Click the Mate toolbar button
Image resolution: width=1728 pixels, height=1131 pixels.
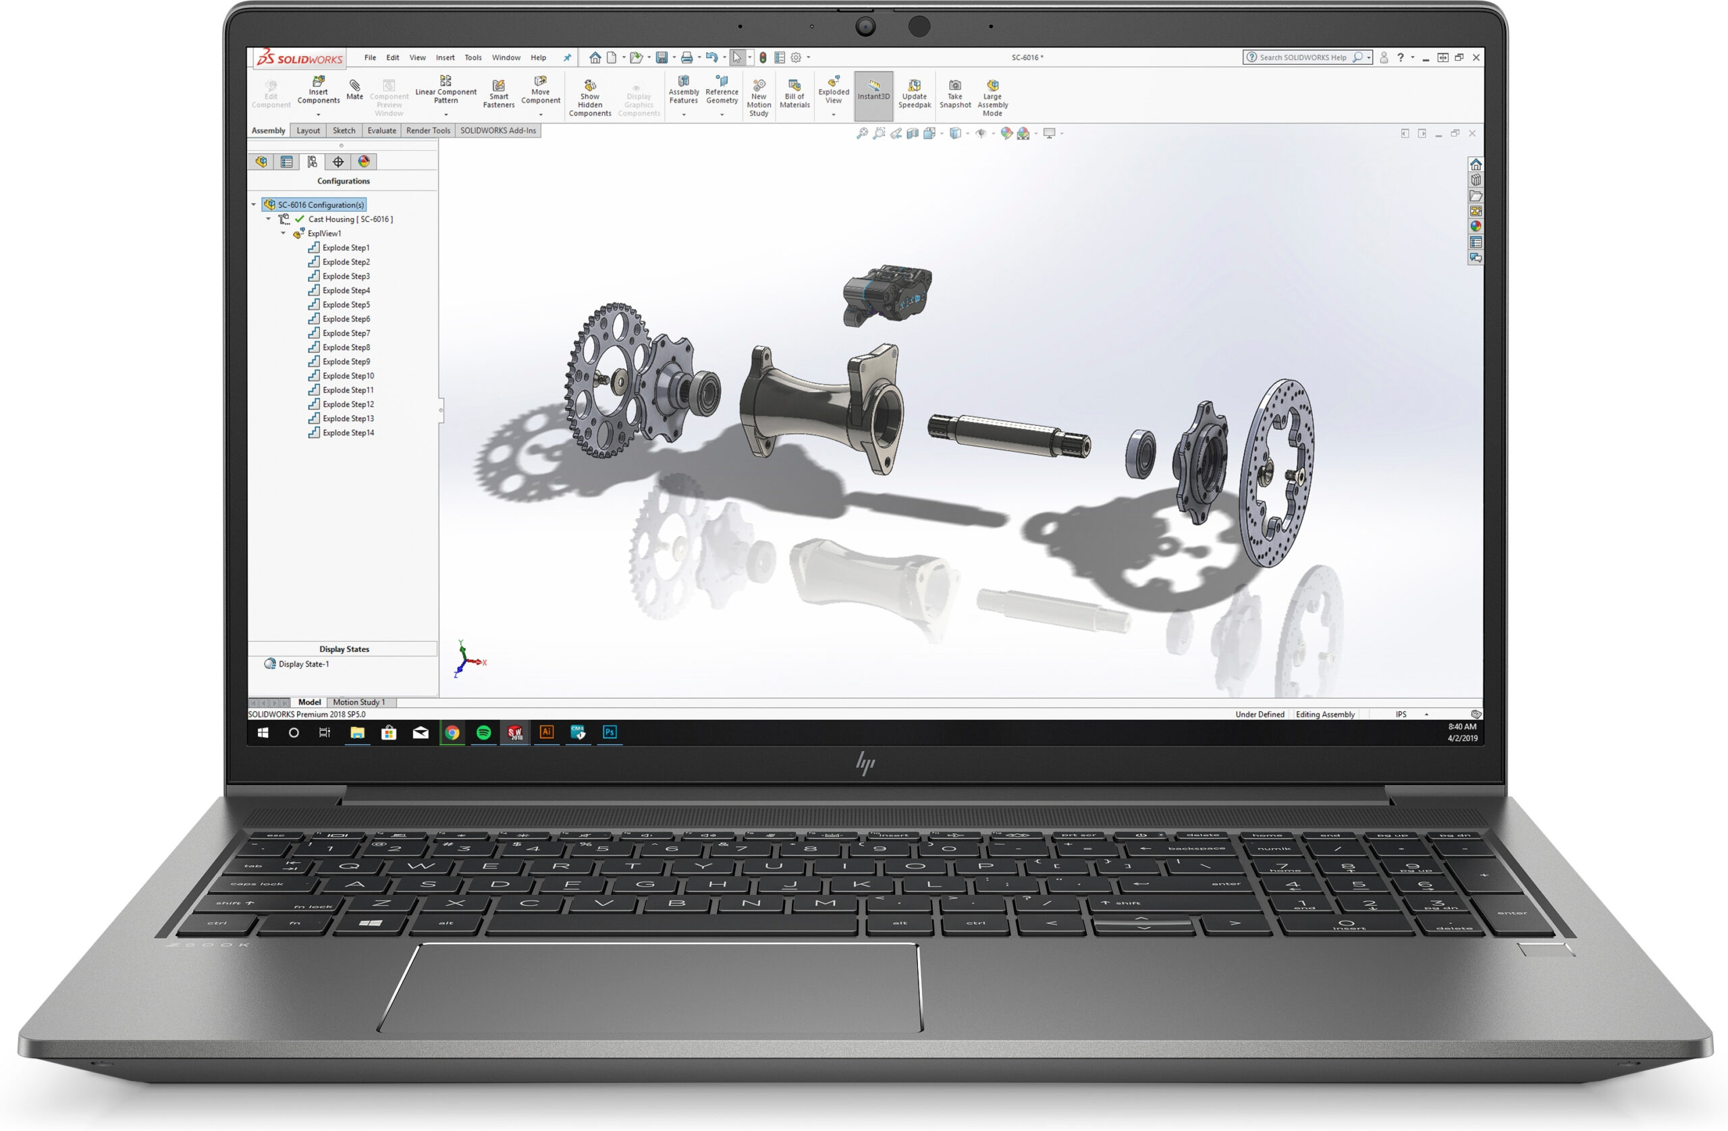click(354, 89)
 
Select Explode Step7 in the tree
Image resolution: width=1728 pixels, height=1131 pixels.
click(346, 333)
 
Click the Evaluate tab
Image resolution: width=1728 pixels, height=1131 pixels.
click(381, 131)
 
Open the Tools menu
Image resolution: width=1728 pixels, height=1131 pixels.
click(473, 57)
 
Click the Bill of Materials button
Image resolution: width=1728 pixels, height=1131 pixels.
click(794, 93)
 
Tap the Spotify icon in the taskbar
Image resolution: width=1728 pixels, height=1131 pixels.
click(483, 732)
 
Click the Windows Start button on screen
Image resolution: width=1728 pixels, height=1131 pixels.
click(263, 732)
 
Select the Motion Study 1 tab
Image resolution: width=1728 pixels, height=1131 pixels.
click(358, 702)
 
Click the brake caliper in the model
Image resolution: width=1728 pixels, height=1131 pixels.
click(886, 294)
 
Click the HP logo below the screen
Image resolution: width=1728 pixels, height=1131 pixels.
click(865, 763)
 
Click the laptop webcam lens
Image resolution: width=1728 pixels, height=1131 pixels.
click(865, 27)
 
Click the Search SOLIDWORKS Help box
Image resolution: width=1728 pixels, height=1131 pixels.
click(1303, 57)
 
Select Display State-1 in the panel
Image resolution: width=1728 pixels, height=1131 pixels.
click(303, 663)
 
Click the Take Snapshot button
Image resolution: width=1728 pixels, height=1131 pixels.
click(954, 93)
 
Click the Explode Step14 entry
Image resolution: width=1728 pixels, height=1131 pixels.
click(348, 433)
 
